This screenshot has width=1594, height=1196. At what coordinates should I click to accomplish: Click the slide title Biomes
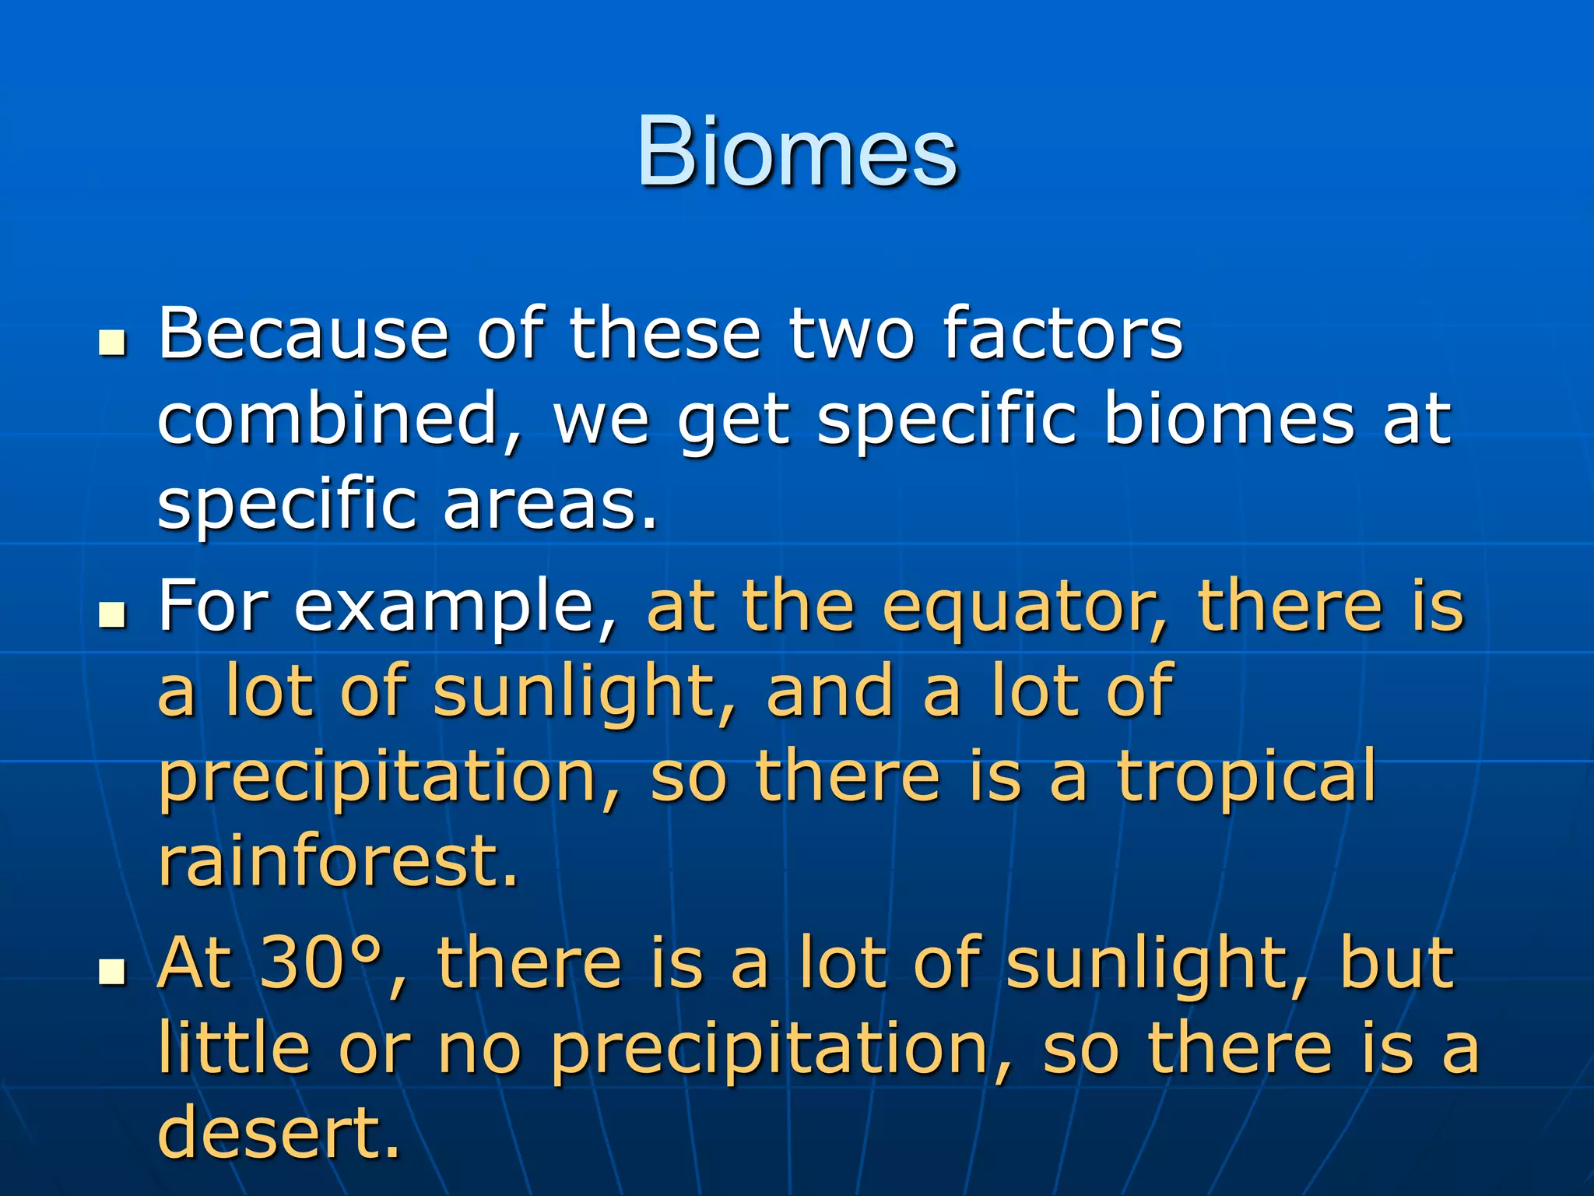797,152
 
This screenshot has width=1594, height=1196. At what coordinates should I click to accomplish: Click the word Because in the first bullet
304,335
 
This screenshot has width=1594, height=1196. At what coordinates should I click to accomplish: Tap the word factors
1062,335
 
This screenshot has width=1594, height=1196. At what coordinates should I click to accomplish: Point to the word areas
549,505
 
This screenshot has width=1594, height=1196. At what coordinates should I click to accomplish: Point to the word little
233,1050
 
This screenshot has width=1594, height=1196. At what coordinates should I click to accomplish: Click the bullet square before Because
113,343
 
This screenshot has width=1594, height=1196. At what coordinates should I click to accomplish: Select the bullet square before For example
113,615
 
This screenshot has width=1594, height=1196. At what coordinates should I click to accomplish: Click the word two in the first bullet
851,335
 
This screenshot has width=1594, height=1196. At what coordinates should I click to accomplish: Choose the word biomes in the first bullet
1230,420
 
